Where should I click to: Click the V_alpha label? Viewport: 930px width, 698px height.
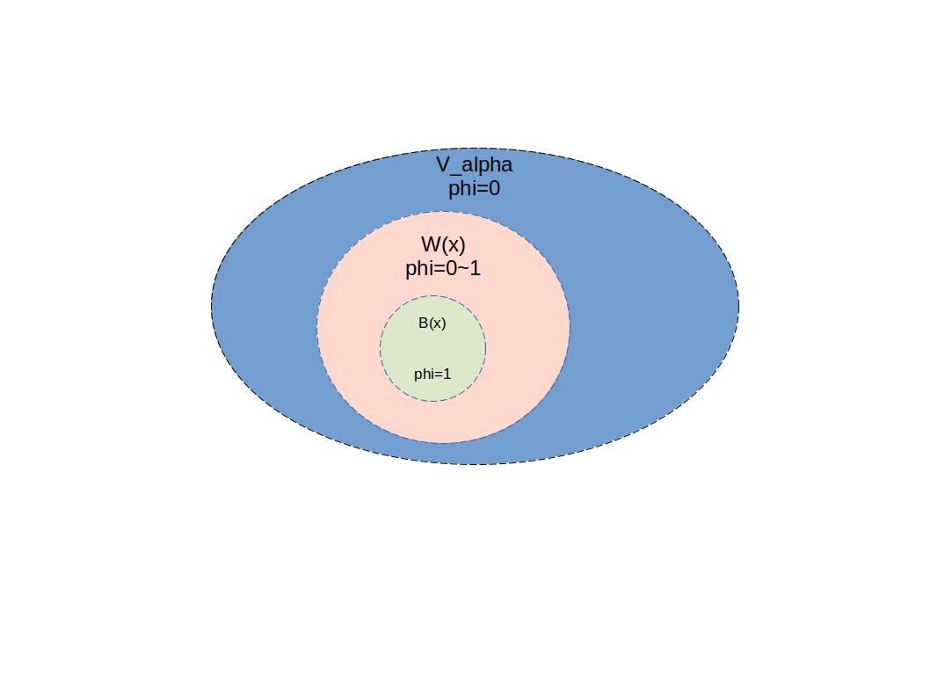click(474, 164)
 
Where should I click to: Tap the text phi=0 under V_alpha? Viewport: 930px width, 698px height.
click(474, 188)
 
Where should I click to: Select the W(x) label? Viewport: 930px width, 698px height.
click(443, 244)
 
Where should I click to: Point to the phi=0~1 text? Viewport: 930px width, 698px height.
click(443, 268)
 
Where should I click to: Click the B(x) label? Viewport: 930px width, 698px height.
click(432, 324)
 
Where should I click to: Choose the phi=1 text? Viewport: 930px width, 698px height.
click(432, 374)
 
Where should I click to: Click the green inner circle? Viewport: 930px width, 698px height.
click(432, 349)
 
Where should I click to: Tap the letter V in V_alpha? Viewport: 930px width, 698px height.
click(443, 164)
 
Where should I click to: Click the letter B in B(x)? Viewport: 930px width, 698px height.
click(423, 324)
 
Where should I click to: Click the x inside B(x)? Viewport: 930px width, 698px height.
click(437, 324)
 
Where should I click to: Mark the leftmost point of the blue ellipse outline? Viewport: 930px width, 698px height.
click(212, 307)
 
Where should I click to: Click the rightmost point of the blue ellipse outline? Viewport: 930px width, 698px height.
click(738, 307)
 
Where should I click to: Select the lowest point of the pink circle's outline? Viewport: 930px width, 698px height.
click(443, 443)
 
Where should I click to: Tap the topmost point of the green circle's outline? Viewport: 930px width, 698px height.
click(432, 296)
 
